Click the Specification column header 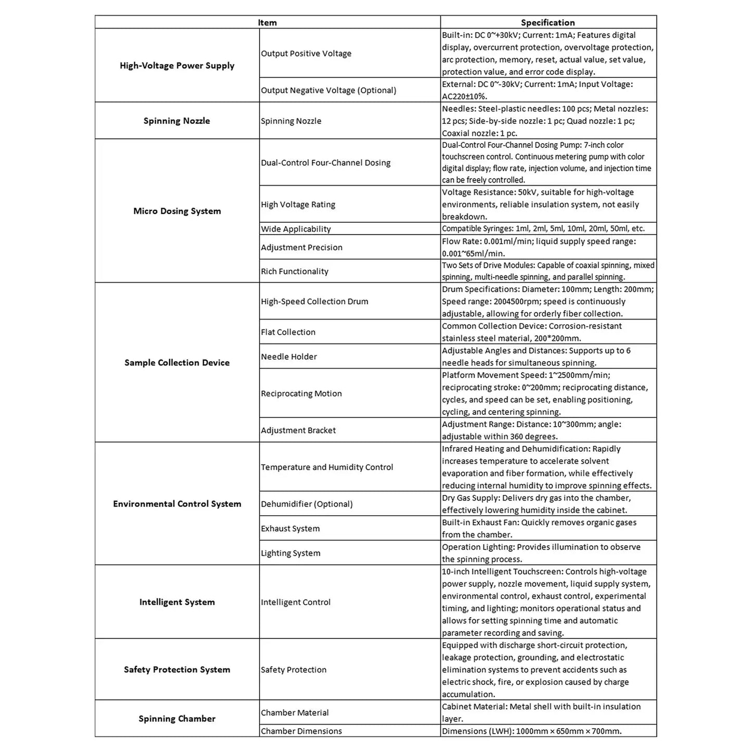pyautogui.click(x=547, y=22)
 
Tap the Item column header pyautogui.click(x=267, y=22)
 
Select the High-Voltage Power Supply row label pyautogui.click(x=177, y=66)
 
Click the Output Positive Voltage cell pyautogui.click(x=306, y=54)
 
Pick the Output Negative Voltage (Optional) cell pyautogui.click(x=328, y=91)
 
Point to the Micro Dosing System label pyautogui.click(x=177, y=211)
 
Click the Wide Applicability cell pyautogui.click(x=296, y=229)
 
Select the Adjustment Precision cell pyautogui.click(x=301, y=248)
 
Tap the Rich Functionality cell pyautogui.click(x=295, y=272)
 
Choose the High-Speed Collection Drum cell pyautogui.click(x=314, y=301)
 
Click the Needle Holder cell pyautogui.click(x=289, y=357)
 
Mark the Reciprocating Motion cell pyautogui.click(x=301, y=393)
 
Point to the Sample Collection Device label pyautogui.click(x=177, y=363)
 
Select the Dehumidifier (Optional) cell pyautogui.click(x=307, y=504)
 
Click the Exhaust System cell pyautogui.click(x=290, y=529)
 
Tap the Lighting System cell pyautogui.click(x=290, y=553)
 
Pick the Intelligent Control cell pyautogui.click(x=296, y=602)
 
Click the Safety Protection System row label pyautogui.click(x=177, y=670)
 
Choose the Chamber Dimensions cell pyautogui.click(x=301, y=731)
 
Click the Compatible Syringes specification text pyautogui.click(x=543, y=228)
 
